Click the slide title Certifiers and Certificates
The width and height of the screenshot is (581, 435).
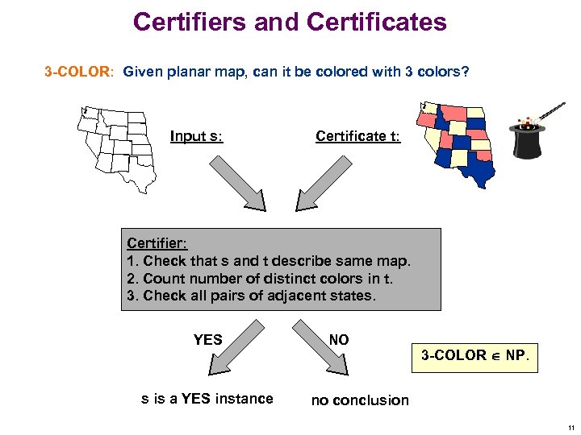[x=290, y=22]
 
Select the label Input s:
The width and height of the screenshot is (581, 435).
[x=196, y=136]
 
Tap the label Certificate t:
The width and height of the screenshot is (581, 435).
[x=357, y=136]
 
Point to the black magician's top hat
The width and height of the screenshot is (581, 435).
[x=529, y=139]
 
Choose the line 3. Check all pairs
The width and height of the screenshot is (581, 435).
[x=250, y=296]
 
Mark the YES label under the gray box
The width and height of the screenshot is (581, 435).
[x=207, y=340]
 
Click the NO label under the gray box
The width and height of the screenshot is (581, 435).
[x=339, y=340]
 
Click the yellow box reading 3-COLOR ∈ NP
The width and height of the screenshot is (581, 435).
[x=474, y=355]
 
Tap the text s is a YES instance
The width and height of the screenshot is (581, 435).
[x=207, y=398]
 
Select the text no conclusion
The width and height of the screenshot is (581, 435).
[x=360, y=400]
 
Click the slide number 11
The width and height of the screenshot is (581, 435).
[x=570, y=427]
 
